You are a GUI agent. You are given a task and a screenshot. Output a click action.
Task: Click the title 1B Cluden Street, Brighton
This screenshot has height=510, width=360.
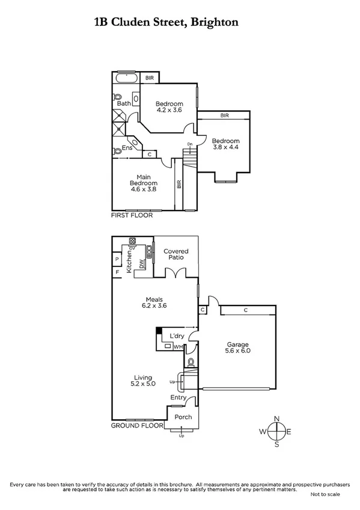[x=166, y=22]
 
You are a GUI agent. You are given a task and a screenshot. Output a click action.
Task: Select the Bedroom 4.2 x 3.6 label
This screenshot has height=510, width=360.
[x=169, y=107]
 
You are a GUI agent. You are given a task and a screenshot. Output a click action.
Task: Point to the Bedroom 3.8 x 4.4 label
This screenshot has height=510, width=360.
[x=225, y=145]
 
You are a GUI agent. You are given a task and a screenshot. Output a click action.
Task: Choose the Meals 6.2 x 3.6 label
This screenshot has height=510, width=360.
[x=154, y=302]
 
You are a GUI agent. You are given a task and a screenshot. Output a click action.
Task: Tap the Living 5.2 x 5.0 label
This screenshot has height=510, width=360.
[x=143, y=380]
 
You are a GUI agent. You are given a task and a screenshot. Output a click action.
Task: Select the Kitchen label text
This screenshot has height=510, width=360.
[x=129, y=262]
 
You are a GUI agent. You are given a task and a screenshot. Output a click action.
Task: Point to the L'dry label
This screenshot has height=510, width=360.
[x=177, y=336]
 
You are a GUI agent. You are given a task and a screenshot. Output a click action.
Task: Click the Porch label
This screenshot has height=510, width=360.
[x=183, y=417]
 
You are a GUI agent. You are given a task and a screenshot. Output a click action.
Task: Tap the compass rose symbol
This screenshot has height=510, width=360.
[x=276, y=431]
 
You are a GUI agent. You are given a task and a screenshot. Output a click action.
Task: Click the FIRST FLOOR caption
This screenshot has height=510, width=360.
[x=132, y=215]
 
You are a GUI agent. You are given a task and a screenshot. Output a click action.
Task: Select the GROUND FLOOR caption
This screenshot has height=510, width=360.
[x=138, y=425]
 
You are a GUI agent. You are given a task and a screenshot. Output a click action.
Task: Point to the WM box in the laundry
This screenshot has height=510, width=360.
[x=178, y=347]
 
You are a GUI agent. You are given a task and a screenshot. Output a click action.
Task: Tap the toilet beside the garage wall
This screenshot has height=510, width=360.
[x=191, y=363]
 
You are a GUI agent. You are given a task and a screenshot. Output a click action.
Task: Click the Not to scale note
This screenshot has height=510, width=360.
[x=325, y=494]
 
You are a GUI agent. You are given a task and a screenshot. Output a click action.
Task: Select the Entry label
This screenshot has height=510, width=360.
[x=178, y=398]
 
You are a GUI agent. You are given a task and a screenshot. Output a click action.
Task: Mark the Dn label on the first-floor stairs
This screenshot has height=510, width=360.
[x=189, y=144]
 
